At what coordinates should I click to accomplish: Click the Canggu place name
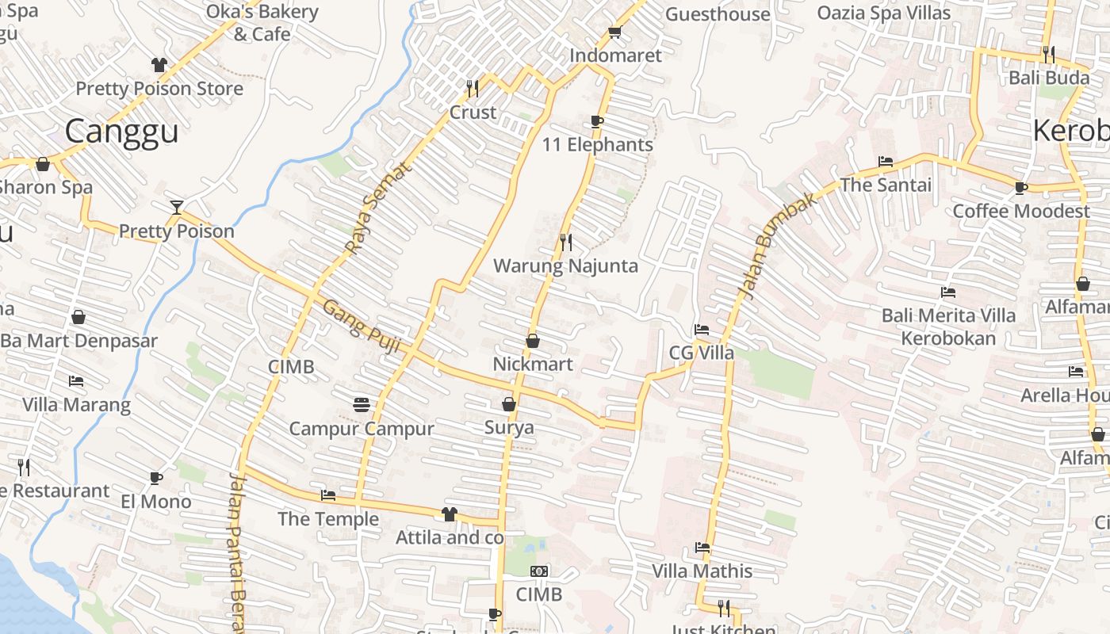pyautogui.click(x=121, y=132)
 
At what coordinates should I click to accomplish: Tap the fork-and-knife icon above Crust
pyautogui.click(x=473, y=87)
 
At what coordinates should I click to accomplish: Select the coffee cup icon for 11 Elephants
pyautogui.click(x=597, y=121)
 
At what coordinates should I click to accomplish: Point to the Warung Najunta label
pyautogui.click(x=565, y=265)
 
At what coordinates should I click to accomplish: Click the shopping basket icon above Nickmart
pyautogui.click(x=533, y=341)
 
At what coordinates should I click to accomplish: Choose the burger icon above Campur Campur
pyautogui.click(x=362, y=405)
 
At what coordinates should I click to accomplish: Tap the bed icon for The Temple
pyautogui.click(x=327, y=496)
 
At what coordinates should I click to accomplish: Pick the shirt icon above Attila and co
pyautogui.click(x=450, y=514)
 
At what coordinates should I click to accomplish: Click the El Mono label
pyautogui.click(x=156, y=502)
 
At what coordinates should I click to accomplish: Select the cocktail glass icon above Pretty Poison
pyautogui.click(x=177, y=208)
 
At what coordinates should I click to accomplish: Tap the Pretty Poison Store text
pyautogui.click(x=159, y=89)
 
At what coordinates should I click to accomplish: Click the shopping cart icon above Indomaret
pyautogui.click(x=614, y=32)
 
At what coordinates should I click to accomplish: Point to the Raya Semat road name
pyautogui.click(x=380, y=208)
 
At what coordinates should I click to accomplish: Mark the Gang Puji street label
pyautogui.click(x=362, y=323)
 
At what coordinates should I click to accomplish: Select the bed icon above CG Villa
pyautogui.click(x=702, y=330)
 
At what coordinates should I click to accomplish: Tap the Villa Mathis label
pyautogui.click(x=702, y=571)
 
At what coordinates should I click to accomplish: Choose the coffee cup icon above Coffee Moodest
pyautogui.click(x=1021, y=188)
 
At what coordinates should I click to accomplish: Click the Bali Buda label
pyautogui.click(x=1048, y=78)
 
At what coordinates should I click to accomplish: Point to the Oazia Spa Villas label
pyautogui.click(x=883, y=13)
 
